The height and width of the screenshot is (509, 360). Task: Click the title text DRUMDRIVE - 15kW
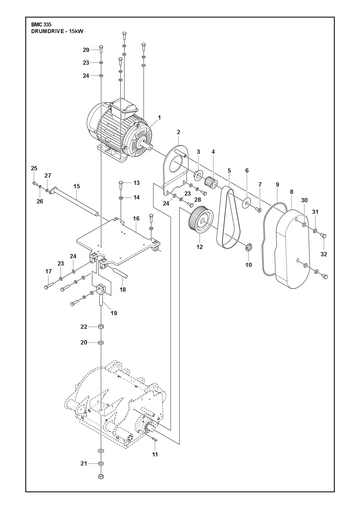[57, 31]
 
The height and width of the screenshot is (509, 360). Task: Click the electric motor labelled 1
[120, 130]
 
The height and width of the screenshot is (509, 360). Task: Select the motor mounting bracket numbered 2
[176, 171]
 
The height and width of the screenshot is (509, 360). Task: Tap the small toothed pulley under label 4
[211, 183]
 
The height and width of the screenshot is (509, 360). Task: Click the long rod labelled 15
[74, 201]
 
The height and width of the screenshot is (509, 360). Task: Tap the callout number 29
[86, 50]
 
